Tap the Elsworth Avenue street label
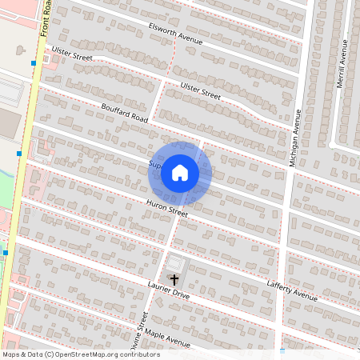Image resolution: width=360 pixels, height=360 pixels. pos(176,33)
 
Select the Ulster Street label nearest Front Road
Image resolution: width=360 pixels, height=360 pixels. pos(72,54)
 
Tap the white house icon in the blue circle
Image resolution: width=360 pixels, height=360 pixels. pos(180,173)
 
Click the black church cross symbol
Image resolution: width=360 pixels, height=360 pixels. pos(174,279)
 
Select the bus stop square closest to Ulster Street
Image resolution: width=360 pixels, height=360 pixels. pos(34,63)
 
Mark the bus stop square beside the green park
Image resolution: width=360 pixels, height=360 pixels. pos(5,253)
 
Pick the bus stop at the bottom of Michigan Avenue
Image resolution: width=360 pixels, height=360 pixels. pos(282,350)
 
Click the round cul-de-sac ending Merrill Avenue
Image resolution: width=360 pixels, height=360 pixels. pos(332,145)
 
